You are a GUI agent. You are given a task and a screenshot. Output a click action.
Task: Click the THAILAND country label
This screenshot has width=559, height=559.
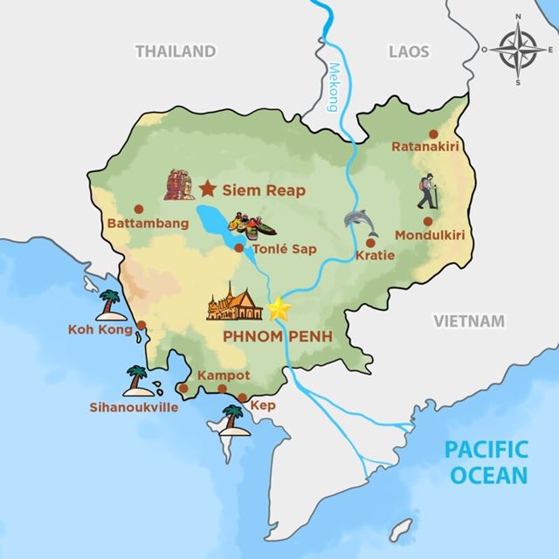click(175, 52)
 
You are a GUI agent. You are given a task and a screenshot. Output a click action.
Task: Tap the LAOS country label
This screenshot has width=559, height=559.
click(410, 52)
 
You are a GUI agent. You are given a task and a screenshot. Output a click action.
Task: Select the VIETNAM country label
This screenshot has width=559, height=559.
click(469, 321)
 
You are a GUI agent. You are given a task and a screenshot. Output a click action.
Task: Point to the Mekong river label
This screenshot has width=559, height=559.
click(333, 87)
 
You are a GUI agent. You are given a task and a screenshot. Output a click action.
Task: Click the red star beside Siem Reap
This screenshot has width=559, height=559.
click(208, 188)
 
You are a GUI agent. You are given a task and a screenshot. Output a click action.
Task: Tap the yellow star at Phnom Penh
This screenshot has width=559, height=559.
click(279, 308)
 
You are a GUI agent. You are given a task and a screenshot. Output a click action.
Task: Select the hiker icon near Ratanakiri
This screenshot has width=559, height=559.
click(427, 191)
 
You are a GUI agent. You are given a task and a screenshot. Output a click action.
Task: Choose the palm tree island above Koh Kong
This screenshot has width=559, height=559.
click(110, 304)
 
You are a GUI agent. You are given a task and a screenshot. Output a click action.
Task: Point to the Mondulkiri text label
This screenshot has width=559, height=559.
click(428, 235)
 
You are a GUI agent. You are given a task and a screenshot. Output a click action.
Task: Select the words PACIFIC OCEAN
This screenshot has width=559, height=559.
click(487, 464)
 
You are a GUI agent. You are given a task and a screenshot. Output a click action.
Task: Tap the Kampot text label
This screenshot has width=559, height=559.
click(224, 375)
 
